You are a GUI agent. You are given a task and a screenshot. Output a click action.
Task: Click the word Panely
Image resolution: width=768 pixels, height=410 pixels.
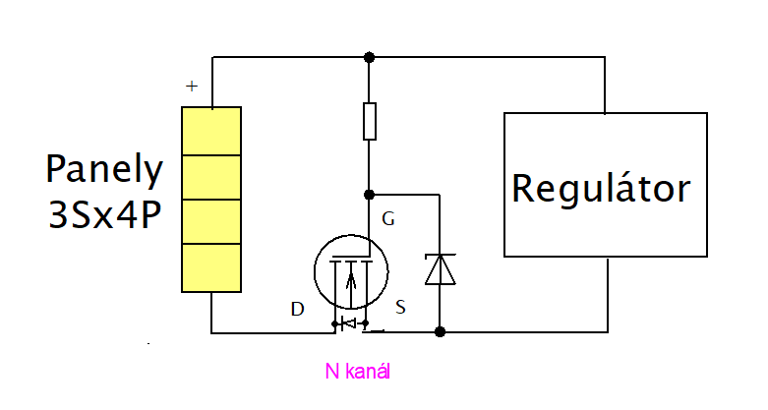click(x=104, y=171)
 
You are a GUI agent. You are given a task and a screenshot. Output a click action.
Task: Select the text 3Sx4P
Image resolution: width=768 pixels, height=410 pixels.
click(x=104, y=214)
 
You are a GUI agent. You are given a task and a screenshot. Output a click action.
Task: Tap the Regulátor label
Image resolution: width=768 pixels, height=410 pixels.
click(x=601, y=187)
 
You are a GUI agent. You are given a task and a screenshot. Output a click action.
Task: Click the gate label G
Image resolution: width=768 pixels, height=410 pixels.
click(x=388, y=219)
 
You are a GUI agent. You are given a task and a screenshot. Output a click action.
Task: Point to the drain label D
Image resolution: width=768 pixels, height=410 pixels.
click(x=297, y=310)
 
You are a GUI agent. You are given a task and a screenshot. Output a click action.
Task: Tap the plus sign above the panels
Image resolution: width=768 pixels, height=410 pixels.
click(x=191, y=87)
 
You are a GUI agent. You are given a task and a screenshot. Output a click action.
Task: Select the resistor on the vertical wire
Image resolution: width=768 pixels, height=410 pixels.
click(x=369, y=120)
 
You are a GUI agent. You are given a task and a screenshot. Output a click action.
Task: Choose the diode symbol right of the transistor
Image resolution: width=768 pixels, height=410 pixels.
click(x=440, y=268)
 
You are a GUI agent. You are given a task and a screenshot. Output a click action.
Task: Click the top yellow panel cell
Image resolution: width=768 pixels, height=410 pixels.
click(x=212, y=131)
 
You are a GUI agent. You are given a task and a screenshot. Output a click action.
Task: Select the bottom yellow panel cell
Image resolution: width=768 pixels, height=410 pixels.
click(x=212, y=267)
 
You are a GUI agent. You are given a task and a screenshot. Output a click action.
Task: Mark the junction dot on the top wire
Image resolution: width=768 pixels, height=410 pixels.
click(x=369, y=56)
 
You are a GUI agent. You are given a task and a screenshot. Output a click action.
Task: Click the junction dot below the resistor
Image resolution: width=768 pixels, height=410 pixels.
click(x=369, y=195)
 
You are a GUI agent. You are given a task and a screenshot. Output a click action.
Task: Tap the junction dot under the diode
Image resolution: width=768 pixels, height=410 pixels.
click(x=440, y=332)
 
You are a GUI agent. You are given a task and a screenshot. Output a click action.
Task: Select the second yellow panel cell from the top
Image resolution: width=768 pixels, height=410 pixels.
click(x=212, y=177)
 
